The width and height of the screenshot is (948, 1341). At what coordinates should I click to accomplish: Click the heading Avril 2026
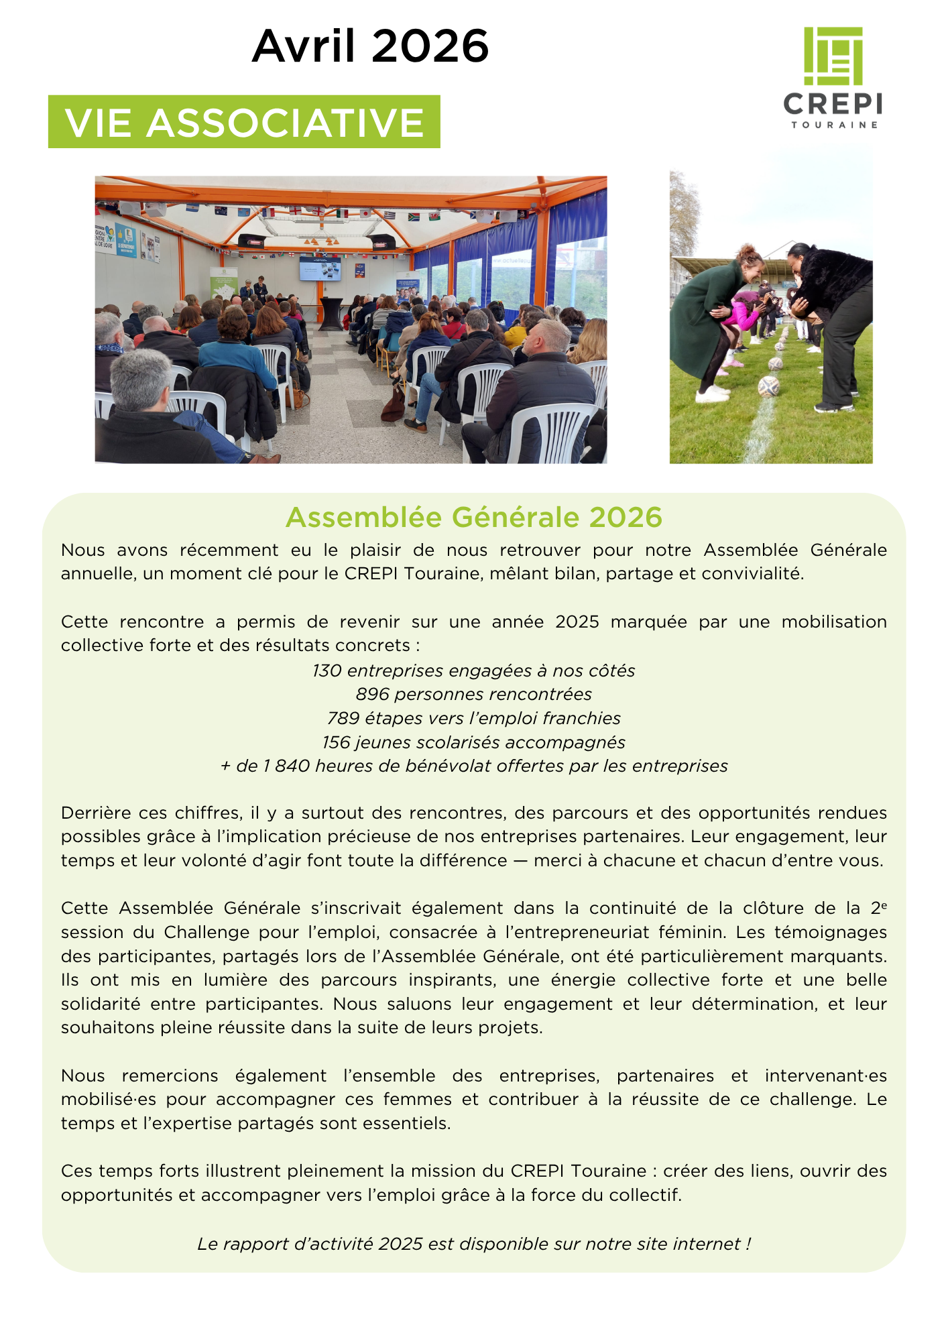coord(370,46)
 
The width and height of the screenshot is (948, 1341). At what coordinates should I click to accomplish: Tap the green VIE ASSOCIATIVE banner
coord(244,122)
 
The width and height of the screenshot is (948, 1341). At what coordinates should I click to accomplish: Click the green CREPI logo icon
coord(833,56)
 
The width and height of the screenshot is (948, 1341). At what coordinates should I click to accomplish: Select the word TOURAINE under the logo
coord(834,125)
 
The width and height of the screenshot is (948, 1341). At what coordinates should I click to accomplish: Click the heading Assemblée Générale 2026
coord(473,517)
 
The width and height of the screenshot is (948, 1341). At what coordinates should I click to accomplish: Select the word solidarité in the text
coord(101,1004)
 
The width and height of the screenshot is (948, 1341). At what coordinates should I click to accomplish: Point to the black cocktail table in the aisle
coord(331,313)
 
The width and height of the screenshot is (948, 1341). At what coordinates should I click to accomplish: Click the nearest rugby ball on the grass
coord(768,386)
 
